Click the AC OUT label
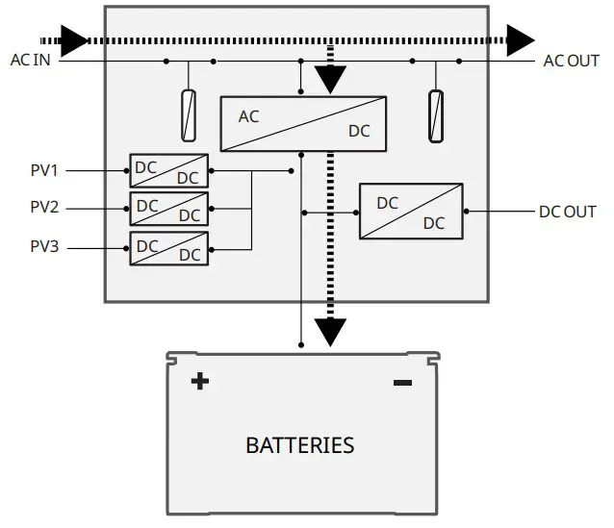(x=571, y=61)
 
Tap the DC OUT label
(x=567, y=212)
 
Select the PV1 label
(x=44, y=171)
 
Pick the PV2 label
(x=44, y=208)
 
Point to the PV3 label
(x=44, y=247)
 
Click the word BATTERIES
(x=299, y=446)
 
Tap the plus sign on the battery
(x=199, y=382)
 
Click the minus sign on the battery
(x=402, y=384)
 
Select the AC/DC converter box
(x=303, y=123)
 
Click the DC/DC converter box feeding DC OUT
(x=411, y=211)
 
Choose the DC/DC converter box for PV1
(x=168, y=171)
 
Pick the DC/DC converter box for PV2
(x=168, y=208)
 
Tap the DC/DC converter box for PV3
(x=168, y=248)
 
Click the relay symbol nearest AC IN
(x=190, y=115)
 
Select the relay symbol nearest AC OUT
(x=436, y=115)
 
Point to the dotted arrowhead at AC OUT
(x=521, y=40)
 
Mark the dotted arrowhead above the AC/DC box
(x=330, y=80)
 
